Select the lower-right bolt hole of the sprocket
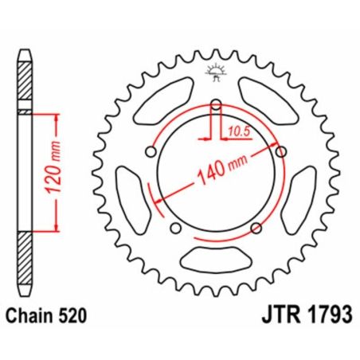256,228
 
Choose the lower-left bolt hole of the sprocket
175,229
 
